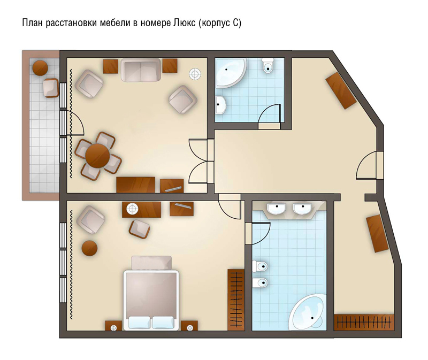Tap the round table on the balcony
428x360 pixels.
click(x=41, y=68)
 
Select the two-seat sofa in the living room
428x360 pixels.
click(x=141, y=70)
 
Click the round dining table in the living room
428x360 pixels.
click(x=97, y=156)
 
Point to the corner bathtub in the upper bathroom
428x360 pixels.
click(x=230, y=72)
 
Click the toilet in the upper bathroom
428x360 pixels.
click(x=267, y=65)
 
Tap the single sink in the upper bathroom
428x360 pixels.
click(x=220, y=105)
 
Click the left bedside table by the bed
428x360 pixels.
click(x=113, y=326)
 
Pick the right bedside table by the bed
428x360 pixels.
click(x=189, y=326)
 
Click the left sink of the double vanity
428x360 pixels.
click(x=277, y=209)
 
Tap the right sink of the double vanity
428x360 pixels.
click(x=302, y=209)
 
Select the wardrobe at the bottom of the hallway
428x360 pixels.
click(x=364, y=323)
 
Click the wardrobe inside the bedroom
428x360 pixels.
click(x=236, y=300)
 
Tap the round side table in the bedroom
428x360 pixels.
click(x=89, y=248)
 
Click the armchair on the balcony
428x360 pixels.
click(x=51, y=88)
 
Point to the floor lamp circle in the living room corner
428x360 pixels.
click(x=195, y=74)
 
